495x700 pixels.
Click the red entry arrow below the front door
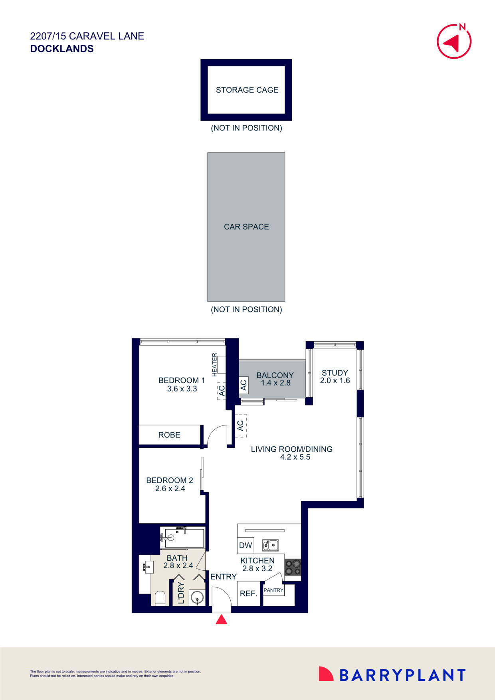222,619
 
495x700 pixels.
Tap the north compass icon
454,42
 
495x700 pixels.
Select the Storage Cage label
247,90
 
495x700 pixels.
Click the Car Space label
246,227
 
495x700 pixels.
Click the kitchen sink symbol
270,545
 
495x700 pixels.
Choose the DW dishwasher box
246,546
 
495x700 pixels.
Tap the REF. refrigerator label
248,594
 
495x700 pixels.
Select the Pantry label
273,590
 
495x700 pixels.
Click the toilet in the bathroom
160,598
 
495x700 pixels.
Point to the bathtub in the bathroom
185,538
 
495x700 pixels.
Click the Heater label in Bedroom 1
215,364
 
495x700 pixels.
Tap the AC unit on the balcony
244,385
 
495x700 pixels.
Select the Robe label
169,435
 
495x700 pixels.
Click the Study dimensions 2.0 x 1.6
335,381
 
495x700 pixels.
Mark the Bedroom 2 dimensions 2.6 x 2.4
170,488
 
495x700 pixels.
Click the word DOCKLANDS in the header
62,49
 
